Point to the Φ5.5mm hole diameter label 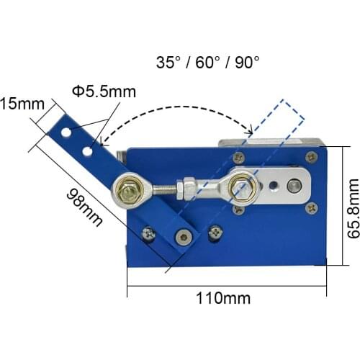pos(104,91)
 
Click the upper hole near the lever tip pos(66,133)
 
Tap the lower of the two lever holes pos(86,150)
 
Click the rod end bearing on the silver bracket pos(243,187)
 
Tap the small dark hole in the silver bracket pos(274,185)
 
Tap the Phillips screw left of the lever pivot pos(149,233)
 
